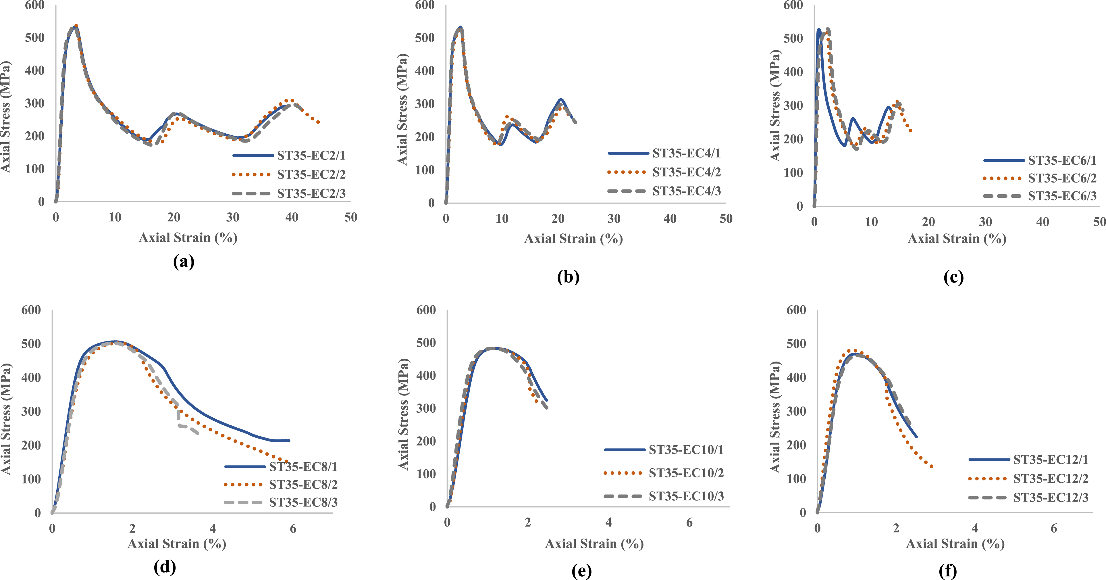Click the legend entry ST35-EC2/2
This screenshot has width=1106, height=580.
click(x=288, y=174)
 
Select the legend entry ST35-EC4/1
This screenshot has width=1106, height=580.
click(x=664, y=153)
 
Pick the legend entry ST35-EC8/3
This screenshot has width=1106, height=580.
click(x=281, y=502)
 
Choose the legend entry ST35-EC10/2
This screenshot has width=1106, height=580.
click(x=664, y=473)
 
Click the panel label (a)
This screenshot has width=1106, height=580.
click(x=184, y=261)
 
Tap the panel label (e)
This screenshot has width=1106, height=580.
click(x=582, y=571)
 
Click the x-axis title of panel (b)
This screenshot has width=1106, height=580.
click(x=573, y=239)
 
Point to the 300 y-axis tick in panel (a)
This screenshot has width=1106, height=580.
click(x=35, y=103)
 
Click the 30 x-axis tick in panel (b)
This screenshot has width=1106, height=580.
click(x=614, y=219)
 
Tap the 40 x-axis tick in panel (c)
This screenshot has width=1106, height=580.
click(x=1043, y=222)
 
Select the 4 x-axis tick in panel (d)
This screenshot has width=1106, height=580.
click(x=213, y=529)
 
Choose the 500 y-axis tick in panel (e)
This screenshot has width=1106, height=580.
click(x=426, y=343)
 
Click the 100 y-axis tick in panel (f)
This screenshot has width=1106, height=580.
click(x=796, y=479)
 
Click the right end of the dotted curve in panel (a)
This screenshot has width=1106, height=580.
click(x=319, y=122)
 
